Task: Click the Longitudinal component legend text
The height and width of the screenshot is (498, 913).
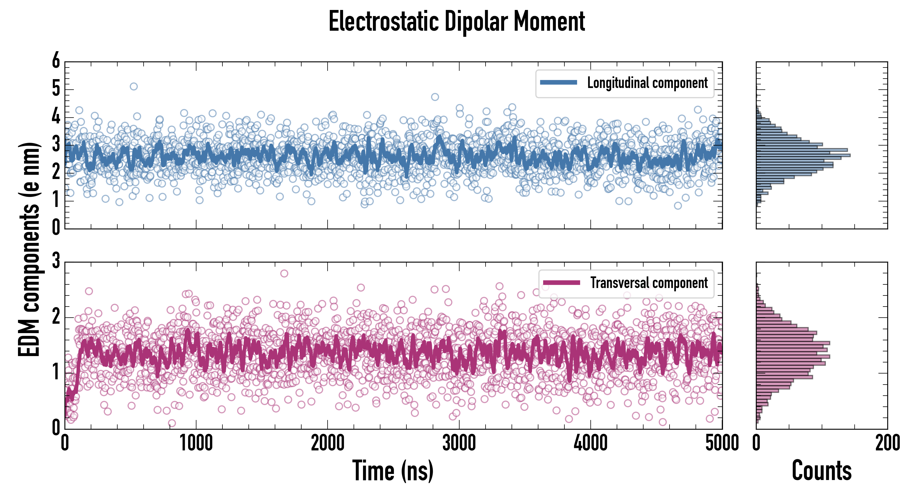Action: [x=647, y=83]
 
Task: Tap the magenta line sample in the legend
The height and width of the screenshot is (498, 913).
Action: [x=561, y=282]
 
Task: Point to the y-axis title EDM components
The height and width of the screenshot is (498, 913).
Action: [x=29, y=250]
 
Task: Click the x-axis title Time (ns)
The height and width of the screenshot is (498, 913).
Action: [x=393, y=471]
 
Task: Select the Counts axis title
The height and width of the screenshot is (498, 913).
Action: [x=821, y=471]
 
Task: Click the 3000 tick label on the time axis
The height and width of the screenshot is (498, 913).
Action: [x=459, y=443]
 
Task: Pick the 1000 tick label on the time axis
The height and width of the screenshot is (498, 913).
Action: [x=196, y=443]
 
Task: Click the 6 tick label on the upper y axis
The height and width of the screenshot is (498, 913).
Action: [x=56, y=61]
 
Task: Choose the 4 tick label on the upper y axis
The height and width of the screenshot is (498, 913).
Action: [x=56, y=116]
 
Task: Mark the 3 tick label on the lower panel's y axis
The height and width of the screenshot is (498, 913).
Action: [x=56, y=261]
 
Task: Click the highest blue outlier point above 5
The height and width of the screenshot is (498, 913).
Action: [x=134, y=87]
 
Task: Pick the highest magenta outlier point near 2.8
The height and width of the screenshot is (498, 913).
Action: [x=284, y=273]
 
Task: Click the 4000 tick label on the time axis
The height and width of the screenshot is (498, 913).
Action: [x=590, y=443]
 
